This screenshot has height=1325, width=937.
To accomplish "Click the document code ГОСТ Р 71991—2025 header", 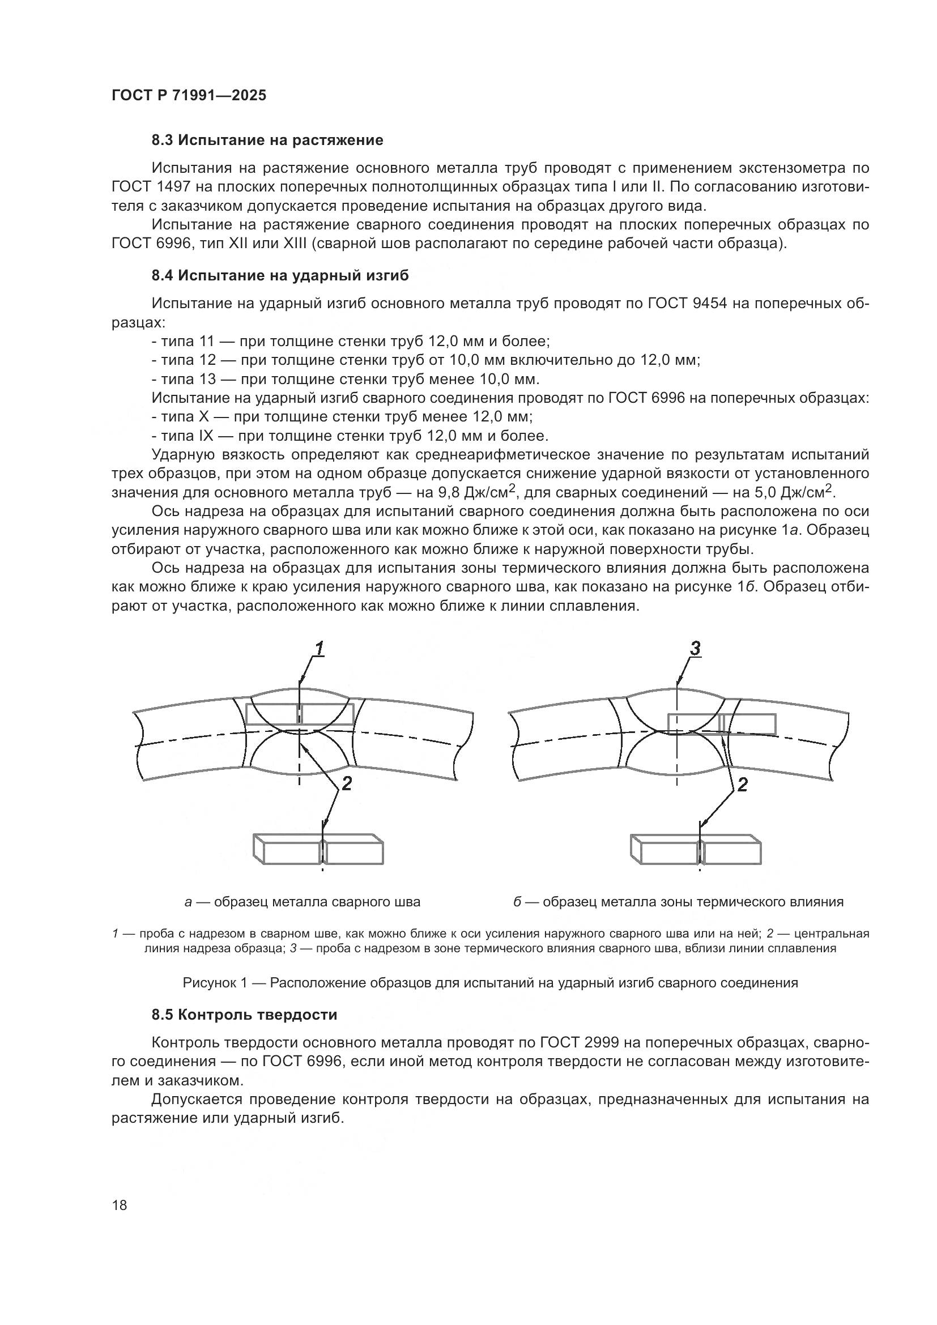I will click(189, 95).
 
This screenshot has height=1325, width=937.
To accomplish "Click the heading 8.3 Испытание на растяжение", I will click(267, 140).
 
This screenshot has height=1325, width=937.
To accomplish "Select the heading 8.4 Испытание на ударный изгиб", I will click(280, 275).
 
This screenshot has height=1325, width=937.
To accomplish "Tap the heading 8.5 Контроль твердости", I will click(244, 1015).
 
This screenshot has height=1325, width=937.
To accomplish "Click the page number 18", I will click(120, 1205).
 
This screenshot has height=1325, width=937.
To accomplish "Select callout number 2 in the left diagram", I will click(346, 783).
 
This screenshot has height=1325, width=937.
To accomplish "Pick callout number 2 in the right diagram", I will click(742, 784).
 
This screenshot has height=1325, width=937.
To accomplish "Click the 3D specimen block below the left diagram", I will click(318, 849).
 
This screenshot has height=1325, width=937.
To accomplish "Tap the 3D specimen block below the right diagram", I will click(695, 849).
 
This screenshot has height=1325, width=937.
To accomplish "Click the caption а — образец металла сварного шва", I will click(303, 902).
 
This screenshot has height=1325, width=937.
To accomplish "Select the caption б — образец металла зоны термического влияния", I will click(679, 902).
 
